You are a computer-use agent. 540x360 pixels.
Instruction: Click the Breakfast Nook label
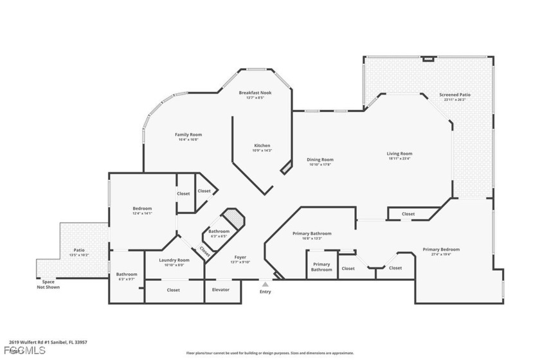(255, 93)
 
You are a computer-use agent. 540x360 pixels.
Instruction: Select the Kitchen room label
(262, 145)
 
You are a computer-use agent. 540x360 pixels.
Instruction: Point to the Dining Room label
(319, 159)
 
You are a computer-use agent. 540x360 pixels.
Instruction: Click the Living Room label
(399, 154)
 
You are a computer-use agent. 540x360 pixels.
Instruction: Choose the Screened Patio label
(455, 94)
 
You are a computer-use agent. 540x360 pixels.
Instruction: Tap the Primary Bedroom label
(441, 249)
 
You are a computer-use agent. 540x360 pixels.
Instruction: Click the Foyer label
(240, 257)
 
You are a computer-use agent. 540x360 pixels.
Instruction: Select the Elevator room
(221, 290)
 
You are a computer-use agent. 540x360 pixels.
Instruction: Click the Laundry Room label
(174, 260)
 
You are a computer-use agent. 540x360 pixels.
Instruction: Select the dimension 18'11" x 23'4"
(399, 159)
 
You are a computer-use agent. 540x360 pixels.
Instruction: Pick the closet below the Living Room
(408, 214)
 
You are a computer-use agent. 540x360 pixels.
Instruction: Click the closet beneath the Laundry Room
(174, 290)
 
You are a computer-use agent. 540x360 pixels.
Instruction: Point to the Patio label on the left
(78, 250)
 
